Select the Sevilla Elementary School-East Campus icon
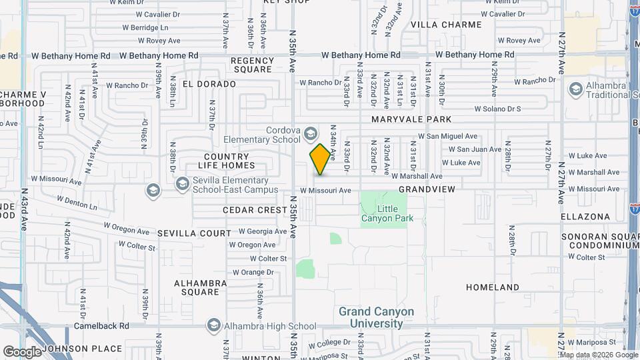point(182,183)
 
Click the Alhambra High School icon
point(214,325)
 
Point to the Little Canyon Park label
point(387,213)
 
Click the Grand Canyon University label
point(376,318)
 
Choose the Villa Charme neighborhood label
point(446,25)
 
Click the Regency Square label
point(252,65)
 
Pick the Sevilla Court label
point(194,233)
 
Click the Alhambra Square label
point(197,287)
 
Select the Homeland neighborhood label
point(492,287)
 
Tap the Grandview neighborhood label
point(427,189)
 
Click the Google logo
point(22,351)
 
